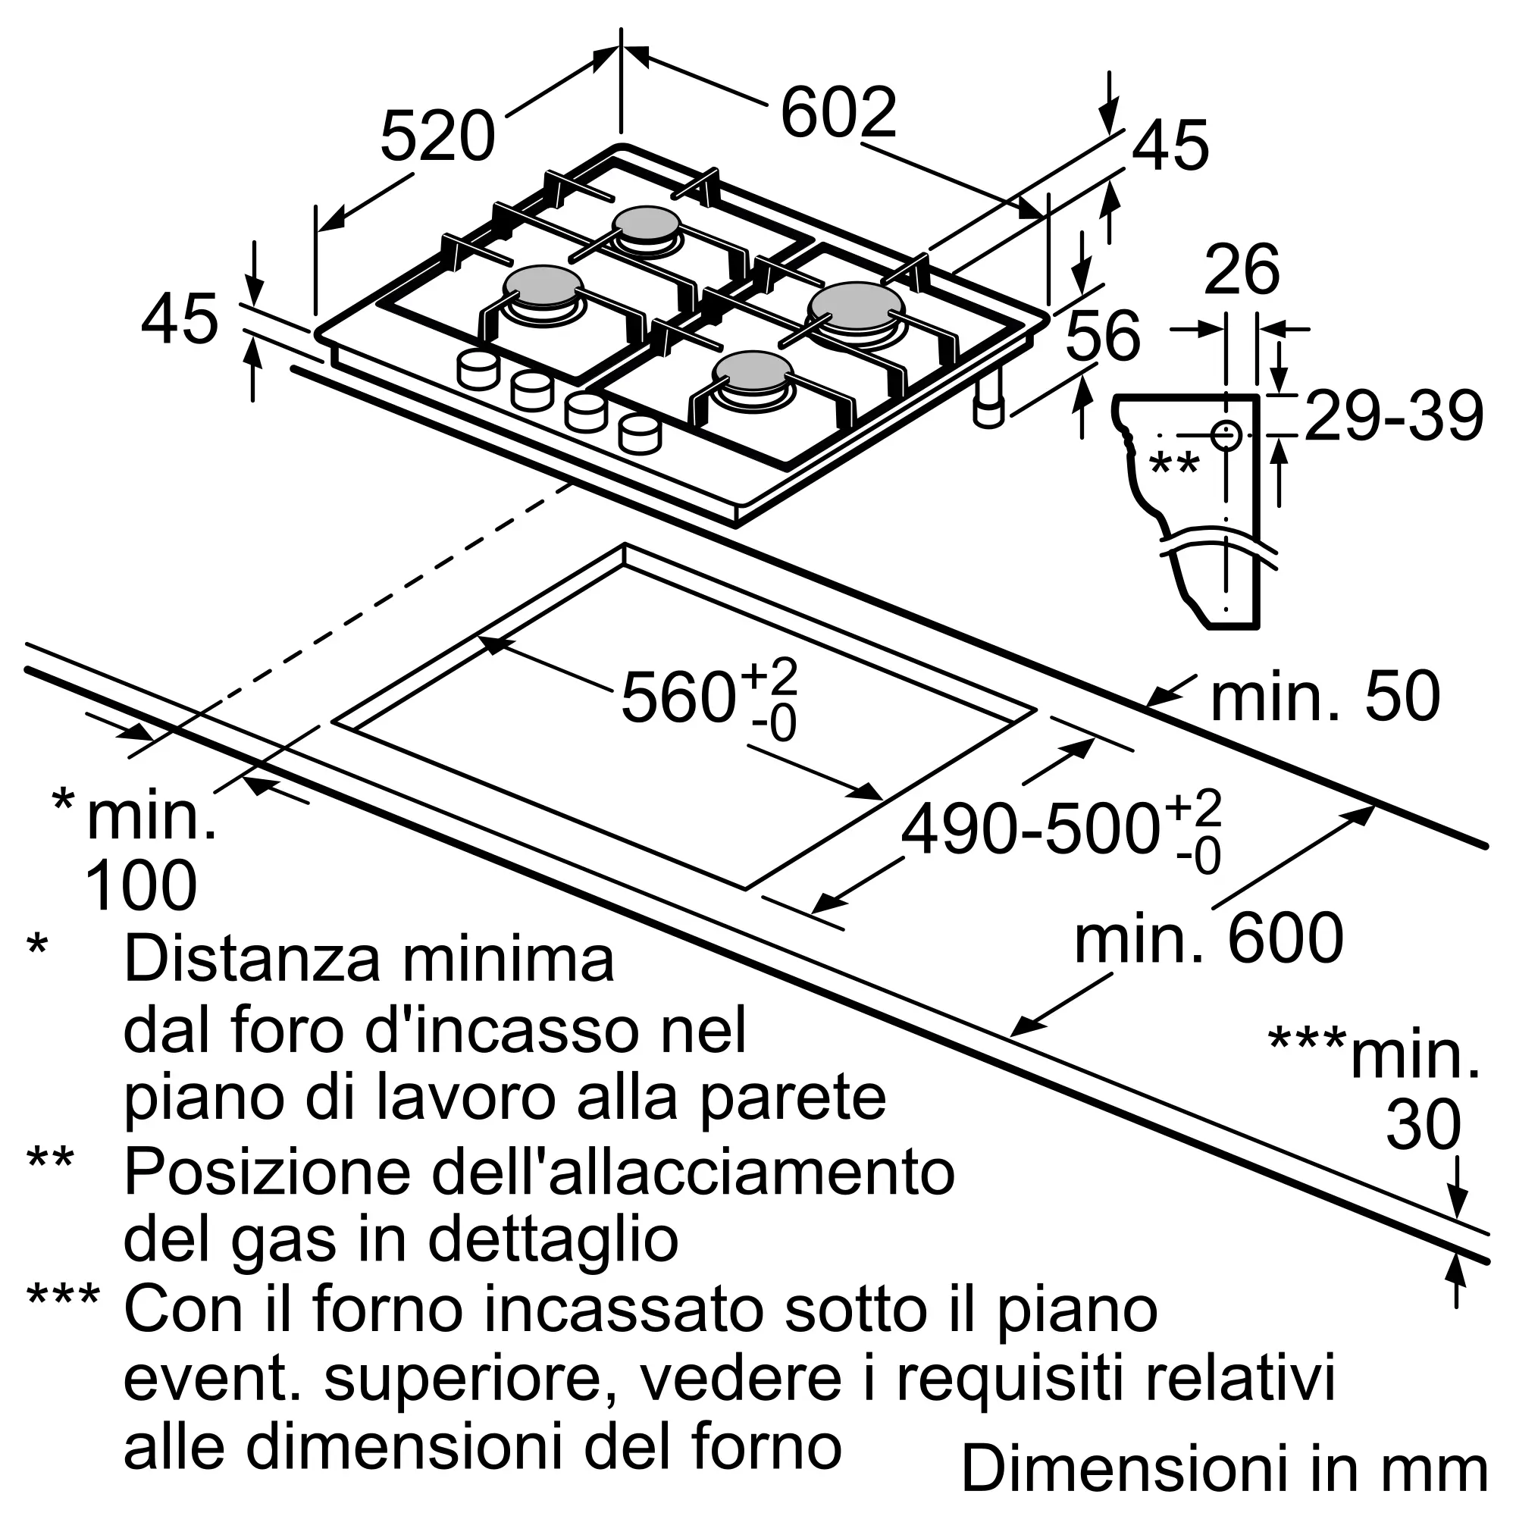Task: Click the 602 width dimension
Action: click(838, 113)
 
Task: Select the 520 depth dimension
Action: click(438, 136)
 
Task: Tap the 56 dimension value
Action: click(1102, 335)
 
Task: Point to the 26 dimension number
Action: click(1242, 269)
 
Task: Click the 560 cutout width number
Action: click(678, 697)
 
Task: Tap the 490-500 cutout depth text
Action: click(1030, 829)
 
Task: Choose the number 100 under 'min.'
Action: click(140, 885)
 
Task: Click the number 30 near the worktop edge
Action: click(1423, 1124)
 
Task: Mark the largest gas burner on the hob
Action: click(857, 307)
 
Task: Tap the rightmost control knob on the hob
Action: click(640, 434)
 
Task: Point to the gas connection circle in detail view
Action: click(1226, 436)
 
